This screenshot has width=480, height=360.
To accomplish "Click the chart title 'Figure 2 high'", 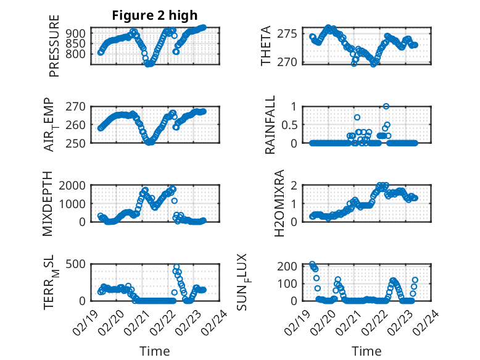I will [x=155, y=15].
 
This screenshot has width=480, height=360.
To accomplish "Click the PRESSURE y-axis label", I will [x=54, y=46].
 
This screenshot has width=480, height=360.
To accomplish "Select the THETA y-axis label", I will [x=266, y=46].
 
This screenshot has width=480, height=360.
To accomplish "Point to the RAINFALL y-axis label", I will [x=270, y=125].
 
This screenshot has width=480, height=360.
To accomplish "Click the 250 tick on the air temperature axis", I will [x=77, y=143].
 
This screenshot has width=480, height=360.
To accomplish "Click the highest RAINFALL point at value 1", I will [x=386, y=107].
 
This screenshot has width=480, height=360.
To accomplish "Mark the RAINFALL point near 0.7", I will [x=357, y=117].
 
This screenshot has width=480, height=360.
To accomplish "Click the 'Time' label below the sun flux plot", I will [x=366, y=351].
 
